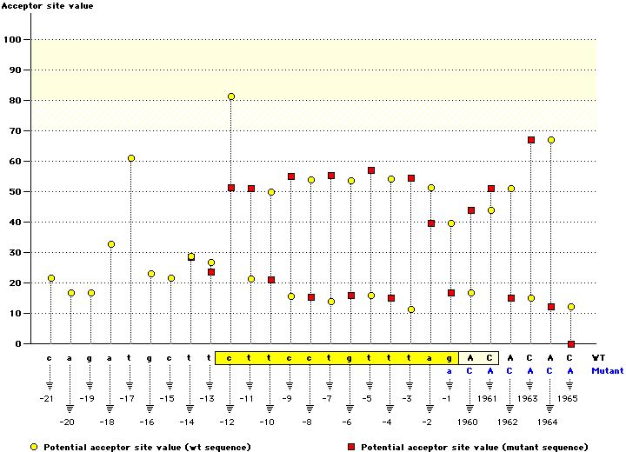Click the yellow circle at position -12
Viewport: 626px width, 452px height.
click(x=230, y=96)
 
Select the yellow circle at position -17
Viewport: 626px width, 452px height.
click(x=130, y=158)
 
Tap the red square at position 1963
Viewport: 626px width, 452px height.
click(x=530, y=140)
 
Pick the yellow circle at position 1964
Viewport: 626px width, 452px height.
click(x=550, y=140)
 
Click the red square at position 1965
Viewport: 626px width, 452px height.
click(x=570, y=344)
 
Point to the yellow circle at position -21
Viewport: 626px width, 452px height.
click(x=50, y=278)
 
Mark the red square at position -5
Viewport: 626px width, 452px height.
click(x=370, y=170)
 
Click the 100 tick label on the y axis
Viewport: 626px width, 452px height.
click(x=14, y=40)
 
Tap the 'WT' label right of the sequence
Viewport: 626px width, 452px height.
click(x=598, y=357)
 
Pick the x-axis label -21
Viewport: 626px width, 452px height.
click(x=47, y=398)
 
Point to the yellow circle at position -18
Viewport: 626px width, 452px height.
click(x=110, y=244)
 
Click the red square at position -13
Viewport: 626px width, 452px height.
click(x=210, y=272)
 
